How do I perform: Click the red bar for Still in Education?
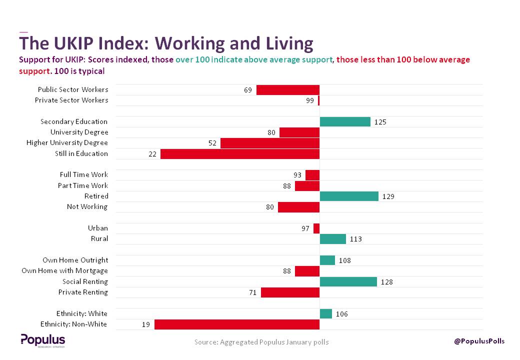[x=240, y=154]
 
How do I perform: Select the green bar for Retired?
[x=349, y=196]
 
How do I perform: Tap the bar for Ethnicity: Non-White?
[x=237, y=324]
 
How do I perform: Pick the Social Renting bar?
[x=348, y=281]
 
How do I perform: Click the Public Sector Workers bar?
[x=288, y=90]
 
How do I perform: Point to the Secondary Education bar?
[x=345, y=122]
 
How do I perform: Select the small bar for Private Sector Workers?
[x=318, y=100]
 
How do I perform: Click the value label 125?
[x=380, y=122]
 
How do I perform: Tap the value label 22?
[x=152, y=154]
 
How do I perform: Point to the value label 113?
[x=356, y=239]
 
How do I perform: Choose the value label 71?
[x=252, y=292]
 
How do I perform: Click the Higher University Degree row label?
[x=67, y=143]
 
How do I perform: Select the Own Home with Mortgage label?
[x=64, y=271]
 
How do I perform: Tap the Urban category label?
[x=98, y=228]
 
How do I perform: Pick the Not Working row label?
[x=87, y=207]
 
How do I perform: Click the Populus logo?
[x=43, y=340]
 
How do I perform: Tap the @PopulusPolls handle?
[x=479, y=341]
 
